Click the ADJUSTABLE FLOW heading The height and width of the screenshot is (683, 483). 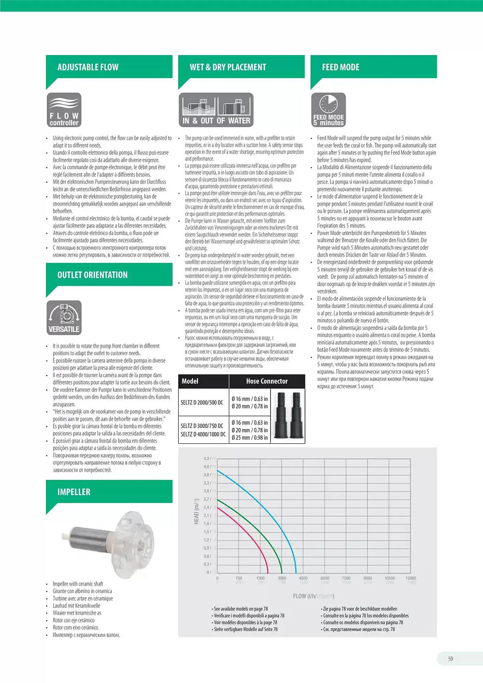point(88,67)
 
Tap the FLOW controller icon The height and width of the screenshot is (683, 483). point(64,110)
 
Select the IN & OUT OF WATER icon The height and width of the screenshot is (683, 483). point(216,110)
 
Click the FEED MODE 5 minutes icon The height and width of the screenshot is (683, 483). point(328,110)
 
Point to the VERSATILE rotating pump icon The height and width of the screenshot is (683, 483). point(64,318)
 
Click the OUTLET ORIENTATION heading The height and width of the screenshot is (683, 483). point(92,275)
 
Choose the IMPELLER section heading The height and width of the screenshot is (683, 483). point(74,492)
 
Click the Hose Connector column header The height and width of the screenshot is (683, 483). point(267,381)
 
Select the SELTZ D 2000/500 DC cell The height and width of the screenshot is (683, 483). point(202,402)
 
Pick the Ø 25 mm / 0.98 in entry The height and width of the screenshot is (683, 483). point(250,437)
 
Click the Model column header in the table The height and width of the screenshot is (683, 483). point(190,381)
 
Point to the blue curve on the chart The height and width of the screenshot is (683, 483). point(267,505)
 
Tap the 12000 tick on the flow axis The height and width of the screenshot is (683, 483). point(411,578)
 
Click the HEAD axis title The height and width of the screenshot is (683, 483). point(196,511)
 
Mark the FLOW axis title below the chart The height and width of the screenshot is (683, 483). point(313,596)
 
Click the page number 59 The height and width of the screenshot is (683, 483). point(451,659)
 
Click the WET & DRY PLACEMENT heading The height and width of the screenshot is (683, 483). point(228,67)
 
